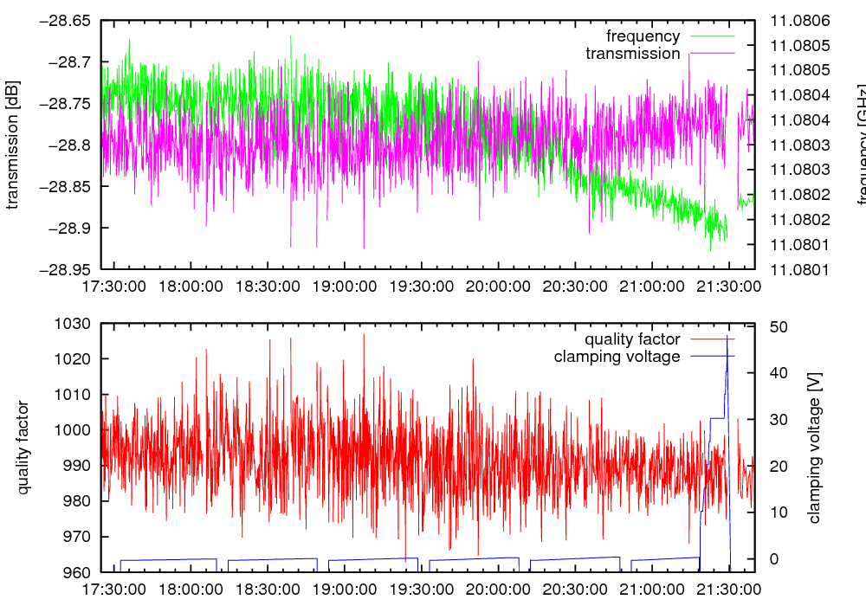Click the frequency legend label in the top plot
(643, 36)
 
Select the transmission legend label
(633, 54)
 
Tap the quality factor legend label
(632, 339)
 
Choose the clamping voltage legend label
(617, 357)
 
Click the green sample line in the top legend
(712, 36)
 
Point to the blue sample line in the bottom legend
(712, 357)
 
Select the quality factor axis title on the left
(23, 448)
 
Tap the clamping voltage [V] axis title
(813, 448)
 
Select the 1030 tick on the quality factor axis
(73, 324)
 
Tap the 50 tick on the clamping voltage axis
(778, 327)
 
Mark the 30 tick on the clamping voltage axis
(778, 420)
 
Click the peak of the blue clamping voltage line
(727, 338)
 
